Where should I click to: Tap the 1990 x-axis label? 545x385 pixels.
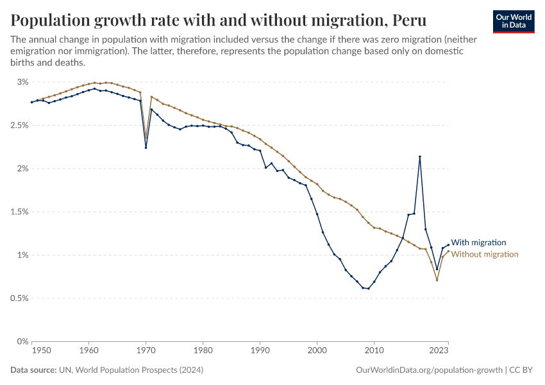(x=260, y=351)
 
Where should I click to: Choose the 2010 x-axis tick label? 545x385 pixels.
(x=374, y=351)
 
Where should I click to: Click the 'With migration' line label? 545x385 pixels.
(x=478, y=243)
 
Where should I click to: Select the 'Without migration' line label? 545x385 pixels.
(x=485, y=254)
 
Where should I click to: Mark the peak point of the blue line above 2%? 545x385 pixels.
(x=419, y=157)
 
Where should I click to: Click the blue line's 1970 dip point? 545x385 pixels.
(x=146, y=148)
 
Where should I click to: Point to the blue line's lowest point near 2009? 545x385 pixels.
(x=368, y=289)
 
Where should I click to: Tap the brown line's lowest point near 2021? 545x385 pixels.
(x=437, y=280)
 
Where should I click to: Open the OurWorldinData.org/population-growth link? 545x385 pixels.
(x=428, y=371)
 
